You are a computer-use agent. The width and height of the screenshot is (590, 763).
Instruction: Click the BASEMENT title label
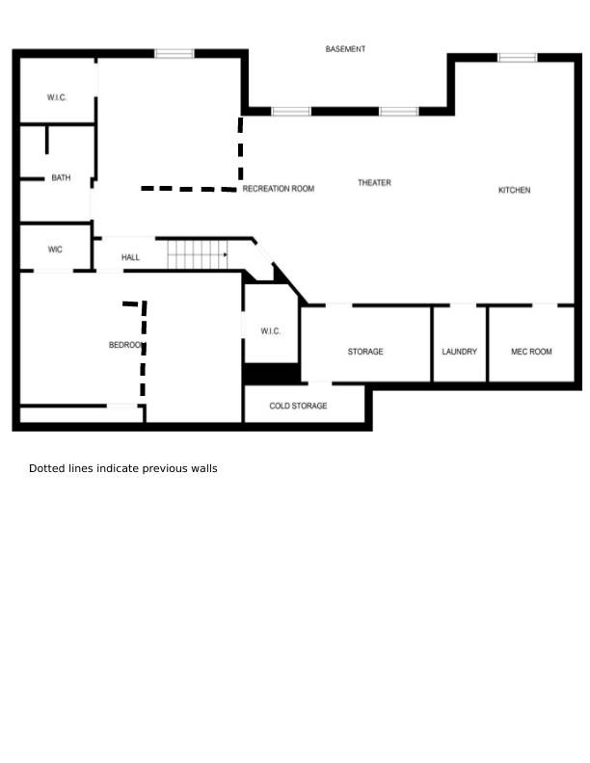(x=345, y=49)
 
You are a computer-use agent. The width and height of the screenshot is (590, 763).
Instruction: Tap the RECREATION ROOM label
(x=279, y=189)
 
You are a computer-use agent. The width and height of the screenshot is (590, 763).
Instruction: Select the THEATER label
(x=374, y=183)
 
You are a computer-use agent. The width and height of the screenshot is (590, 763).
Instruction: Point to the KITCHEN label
(x=514, y=190)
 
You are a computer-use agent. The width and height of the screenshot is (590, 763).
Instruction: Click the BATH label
(x=61, y=178)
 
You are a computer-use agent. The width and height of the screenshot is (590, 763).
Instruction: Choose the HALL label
(x=130, y=257)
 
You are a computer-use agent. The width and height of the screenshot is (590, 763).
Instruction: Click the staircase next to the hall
(x=198, y=254)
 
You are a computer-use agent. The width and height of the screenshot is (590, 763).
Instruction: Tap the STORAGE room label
(x=365, y=352)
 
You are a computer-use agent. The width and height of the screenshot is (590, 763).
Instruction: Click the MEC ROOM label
(x=531, y=352)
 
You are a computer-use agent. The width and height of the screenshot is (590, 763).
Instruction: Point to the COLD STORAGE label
(x=298, y=406)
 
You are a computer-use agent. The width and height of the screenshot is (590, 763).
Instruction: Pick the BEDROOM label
(x=126, y=345)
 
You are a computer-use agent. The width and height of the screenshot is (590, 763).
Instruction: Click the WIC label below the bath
(x=55, y=250)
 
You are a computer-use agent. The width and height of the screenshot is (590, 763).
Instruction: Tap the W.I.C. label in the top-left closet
(x=57, y=98)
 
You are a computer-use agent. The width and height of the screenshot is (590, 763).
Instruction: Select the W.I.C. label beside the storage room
(x=270, y=331)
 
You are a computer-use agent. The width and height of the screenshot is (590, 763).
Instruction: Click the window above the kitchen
(x=518, y=58)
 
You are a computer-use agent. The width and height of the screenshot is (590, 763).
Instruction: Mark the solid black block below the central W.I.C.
(x=272, y=374)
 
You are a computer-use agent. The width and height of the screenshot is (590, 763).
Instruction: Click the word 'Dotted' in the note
(x=44, y=468)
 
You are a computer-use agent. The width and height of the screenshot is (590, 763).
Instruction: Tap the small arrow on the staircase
(x=225, y=255)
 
